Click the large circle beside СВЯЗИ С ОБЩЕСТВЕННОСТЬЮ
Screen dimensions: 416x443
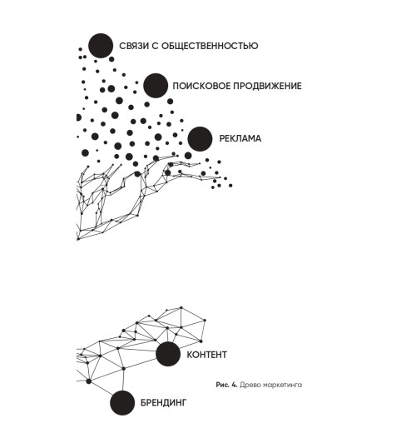(101, 46)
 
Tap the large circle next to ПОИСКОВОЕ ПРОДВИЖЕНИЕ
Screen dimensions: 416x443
(156, 86)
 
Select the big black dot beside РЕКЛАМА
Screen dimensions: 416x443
(200, 139)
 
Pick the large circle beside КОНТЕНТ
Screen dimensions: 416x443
(168, 354)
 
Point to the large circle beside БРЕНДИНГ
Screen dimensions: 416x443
(122, 403)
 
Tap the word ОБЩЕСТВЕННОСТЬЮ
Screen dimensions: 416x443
(210, 46)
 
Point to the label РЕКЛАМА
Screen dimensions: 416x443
(240, 138)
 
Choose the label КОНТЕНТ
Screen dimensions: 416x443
(207, 355)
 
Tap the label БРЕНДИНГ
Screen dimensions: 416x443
(164, 402)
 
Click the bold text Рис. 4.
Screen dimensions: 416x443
(227, 385)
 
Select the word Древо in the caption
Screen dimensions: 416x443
(248, 385)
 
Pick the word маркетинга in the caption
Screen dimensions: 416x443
(280, 385)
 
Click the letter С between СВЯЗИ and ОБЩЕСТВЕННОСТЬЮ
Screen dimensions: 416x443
(156, 46)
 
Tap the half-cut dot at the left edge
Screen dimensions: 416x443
(79, 117)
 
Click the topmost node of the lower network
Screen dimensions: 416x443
(181, 307)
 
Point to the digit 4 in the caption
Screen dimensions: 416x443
(235, 385)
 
